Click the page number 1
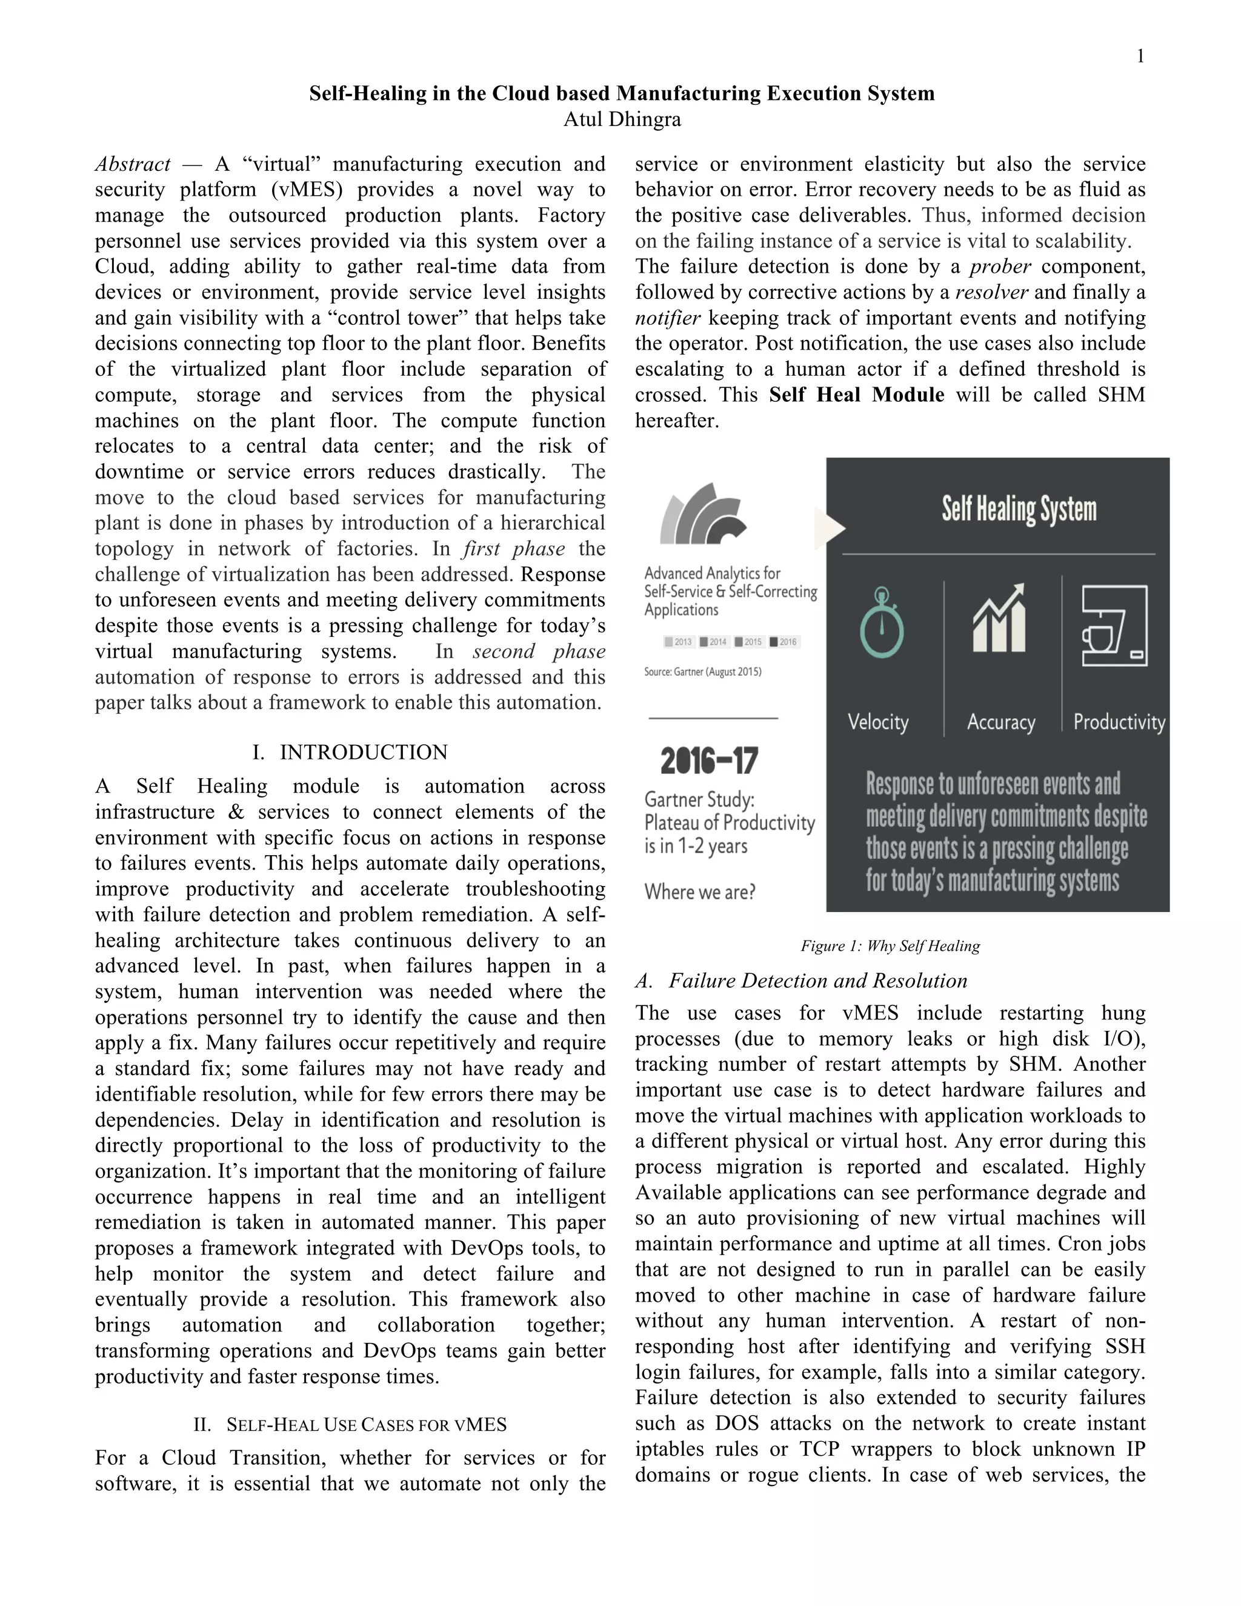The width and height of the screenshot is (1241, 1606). (1140, 56)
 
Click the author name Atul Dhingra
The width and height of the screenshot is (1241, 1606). (622, 119)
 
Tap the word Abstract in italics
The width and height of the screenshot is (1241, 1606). (132, 164)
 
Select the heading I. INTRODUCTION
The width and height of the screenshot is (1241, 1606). (350, 752)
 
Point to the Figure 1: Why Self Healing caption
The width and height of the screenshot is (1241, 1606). (890, 945)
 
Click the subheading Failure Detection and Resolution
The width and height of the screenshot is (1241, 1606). (801, 981)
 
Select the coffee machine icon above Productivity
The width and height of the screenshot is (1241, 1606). (1114, 625)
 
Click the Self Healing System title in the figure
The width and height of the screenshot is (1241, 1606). (1019, 509)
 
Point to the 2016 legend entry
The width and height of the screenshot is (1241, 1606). (784, 642)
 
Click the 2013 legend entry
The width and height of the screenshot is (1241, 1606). (678, 642)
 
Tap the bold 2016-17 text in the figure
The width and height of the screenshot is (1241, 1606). (709, 761)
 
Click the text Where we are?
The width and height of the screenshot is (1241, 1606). (700, 892)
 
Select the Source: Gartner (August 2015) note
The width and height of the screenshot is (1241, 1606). (703, 671)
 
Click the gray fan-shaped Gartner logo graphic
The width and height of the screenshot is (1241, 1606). (702, 514)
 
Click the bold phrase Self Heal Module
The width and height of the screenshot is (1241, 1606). (856, 395)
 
